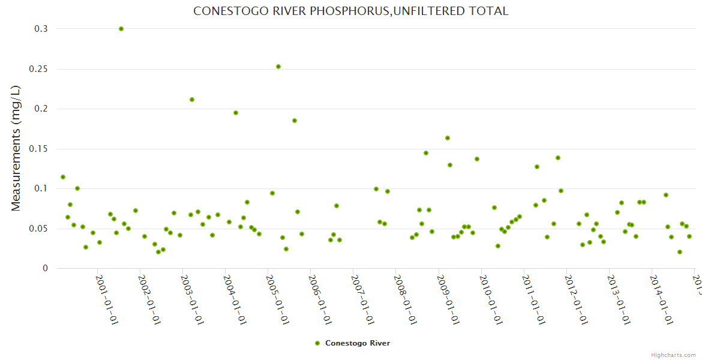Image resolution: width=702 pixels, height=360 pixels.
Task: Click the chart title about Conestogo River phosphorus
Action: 350,11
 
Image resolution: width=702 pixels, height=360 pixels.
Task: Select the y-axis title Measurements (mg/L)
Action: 16,148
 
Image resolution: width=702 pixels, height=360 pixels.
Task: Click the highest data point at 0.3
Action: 121,29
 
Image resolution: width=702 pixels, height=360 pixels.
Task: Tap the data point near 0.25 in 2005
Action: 278,67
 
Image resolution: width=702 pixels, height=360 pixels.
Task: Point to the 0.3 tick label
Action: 41,29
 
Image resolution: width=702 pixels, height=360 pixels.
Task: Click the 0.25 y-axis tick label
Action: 38,69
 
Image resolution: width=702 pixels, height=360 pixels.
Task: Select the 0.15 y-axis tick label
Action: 38,149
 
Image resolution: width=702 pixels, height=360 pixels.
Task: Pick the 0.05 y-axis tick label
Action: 38,229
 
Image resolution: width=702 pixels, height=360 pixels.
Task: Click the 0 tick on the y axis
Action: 44,268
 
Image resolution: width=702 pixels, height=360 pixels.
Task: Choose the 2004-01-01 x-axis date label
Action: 235,299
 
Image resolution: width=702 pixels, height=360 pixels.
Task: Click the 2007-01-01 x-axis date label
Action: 362,299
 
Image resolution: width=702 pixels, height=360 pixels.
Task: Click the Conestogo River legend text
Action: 358,343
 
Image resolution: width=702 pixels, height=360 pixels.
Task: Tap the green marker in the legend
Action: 317,343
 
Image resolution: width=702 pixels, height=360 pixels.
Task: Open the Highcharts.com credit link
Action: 673,355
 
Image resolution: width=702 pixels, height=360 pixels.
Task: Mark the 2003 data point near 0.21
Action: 192,100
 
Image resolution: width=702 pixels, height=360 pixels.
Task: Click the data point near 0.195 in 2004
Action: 236,113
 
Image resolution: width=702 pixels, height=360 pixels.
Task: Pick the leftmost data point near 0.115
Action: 63,177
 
